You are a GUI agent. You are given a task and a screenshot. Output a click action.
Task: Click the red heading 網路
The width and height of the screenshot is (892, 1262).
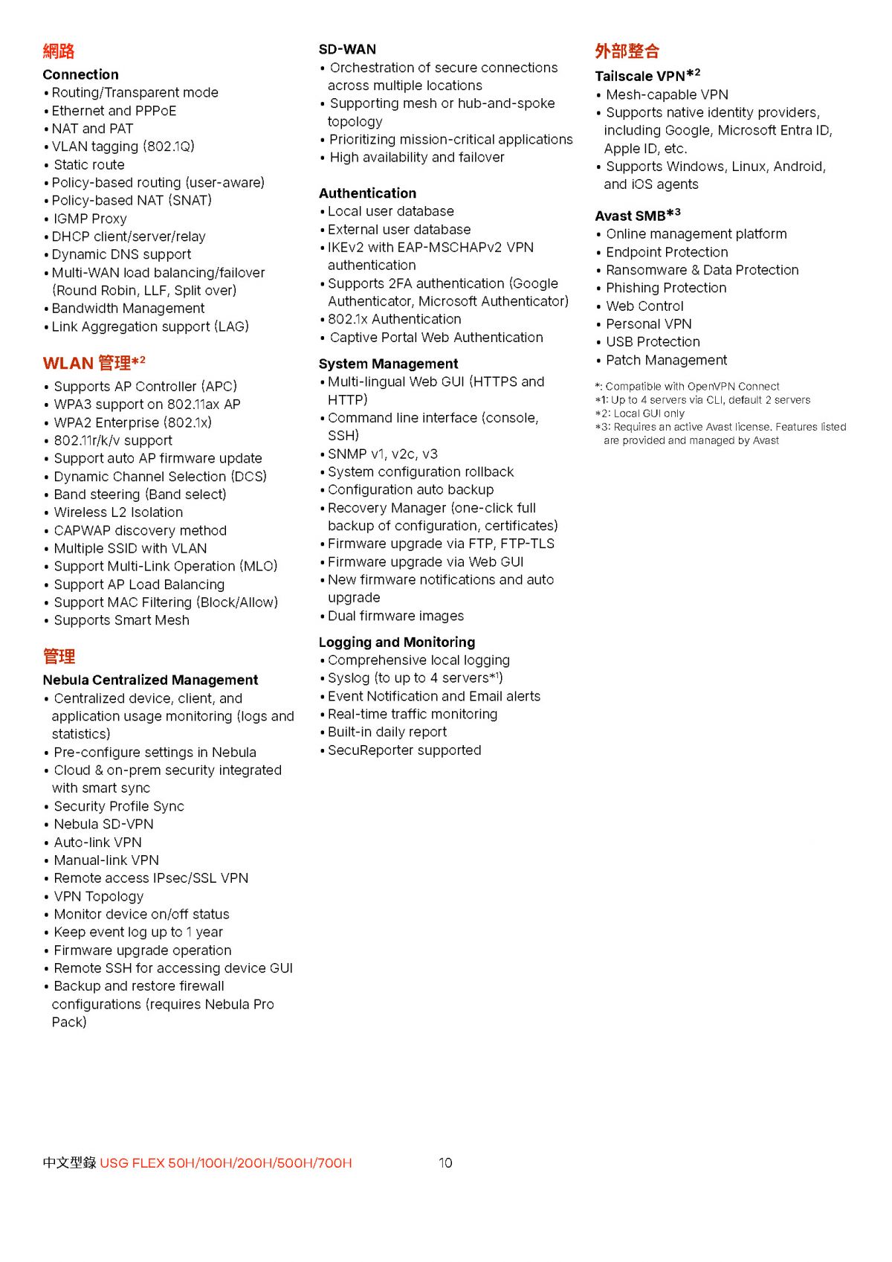pyautogui.click(x=59, y=51)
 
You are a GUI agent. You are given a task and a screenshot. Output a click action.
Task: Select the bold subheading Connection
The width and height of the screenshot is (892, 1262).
pyautogui.click(x=80, y=74)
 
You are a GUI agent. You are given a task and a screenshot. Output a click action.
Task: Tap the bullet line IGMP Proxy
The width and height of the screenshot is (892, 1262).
pyautogui.click(x=90, y=219)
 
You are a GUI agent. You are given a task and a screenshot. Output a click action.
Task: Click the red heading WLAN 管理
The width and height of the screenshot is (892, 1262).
pyautogui.click(x=94, y=363)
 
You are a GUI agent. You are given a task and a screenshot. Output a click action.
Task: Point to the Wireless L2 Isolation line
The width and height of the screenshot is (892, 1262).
pyautogui.click(x=118, y=512)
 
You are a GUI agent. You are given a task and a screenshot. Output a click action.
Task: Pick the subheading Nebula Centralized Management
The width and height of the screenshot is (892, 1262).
pyautogui.click(x=150, y=680)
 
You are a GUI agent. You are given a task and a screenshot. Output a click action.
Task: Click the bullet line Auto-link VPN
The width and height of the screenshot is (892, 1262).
pyautogui.click(x=97, y=843)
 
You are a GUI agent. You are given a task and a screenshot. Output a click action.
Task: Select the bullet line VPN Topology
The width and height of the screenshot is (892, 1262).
pyautogui.click(x=99, y=896)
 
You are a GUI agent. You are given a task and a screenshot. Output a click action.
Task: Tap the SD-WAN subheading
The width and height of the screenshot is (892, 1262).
pyautogui.click(x=347, y=49)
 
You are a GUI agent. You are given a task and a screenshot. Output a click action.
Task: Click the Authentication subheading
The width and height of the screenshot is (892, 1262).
pyautogui.click(x=367, y=193)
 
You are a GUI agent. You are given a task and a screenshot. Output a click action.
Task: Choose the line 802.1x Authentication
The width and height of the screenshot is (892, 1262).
pyautogui.click(x=394, y=319)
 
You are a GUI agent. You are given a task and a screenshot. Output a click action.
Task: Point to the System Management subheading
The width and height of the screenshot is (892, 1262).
pyautogui.click(x=388, y=364)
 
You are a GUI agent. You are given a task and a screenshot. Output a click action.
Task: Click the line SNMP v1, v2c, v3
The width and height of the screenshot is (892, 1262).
pyautogui.click(x=382, y=454)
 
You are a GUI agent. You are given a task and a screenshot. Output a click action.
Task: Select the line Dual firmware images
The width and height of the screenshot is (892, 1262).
pyautogui.click(x=395, y=616)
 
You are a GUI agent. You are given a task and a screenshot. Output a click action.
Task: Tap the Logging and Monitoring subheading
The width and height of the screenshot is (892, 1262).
pyautogui.click(x=397, y=642)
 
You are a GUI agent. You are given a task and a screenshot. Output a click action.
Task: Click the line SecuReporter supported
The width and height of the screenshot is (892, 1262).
pyautogui.click(x=404, y=750)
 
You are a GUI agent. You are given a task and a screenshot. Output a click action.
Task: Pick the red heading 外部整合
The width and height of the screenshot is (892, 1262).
pyautogui.click(x=627, y=51)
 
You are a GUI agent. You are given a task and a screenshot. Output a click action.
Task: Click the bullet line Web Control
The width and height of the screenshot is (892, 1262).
pyautogui.click(x=644, y=306)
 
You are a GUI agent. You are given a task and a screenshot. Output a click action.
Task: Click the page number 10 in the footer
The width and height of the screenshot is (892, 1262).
pyautogui.click(x=445, y=1163)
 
